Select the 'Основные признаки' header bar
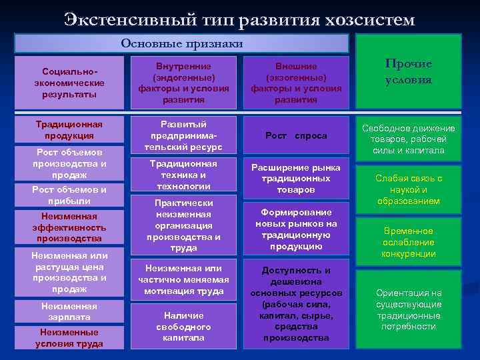pyautogui.click(x=181, y=44)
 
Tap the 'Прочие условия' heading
pyautogui.click(x=409, y=71)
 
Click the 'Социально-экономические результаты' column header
pyautogui.click(x=69, y=82)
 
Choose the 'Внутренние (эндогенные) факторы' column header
pyautogui.click(x=183, y=83)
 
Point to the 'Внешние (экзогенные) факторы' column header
pyautogui.click(x=296, y=83)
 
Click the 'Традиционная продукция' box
pyautogui.click(x=69, y=130)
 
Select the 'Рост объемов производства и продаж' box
pyautogui.click(x=69, y=163)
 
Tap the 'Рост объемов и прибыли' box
pyautogui.click(x=69, y=195)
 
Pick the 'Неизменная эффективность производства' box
pyautogui.click(x=69, y=227)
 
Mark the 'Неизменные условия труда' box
pyautogui.click(x=69, y=337)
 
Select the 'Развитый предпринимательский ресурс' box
pyautogui.click(x=183, y=135)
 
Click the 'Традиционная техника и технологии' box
pyautogui.click(x=183, y=175)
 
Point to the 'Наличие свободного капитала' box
pyautogui.click(x=183, y=327)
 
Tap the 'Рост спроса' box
pyautogui.click(x=296, y=135)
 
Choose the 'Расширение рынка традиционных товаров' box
pyautogui.click(x=296, y=179)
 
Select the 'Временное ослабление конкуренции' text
pyautogui.click(x=409, y=242)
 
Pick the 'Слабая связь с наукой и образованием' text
pyautogui.click(x=409, y=189)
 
